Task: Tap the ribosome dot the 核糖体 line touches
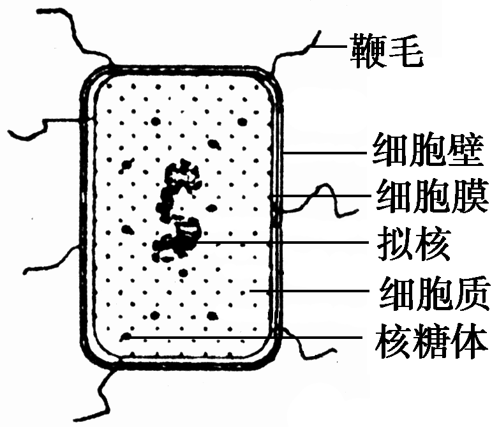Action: click(x=127, y=337)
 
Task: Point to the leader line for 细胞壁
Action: click(x=325, y=152)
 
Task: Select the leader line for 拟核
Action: click(x=281, y=243)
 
